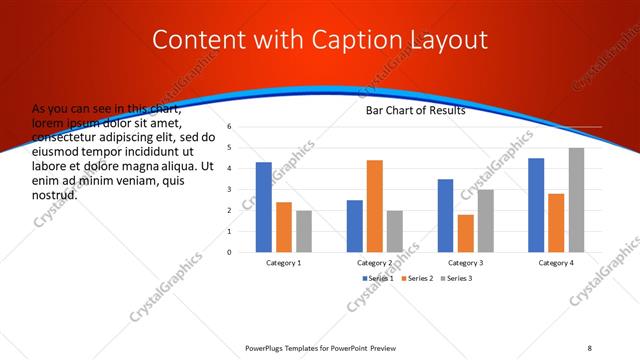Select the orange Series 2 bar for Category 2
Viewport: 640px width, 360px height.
click(375, 205)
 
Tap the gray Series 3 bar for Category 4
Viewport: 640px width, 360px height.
click(576, 199)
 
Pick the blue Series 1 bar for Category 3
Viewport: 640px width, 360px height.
click(445, 215)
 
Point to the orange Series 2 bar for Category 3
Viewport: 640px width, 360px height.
click(465, 233)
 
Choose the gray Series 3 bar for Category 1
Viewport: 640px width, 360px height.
click(304, 230)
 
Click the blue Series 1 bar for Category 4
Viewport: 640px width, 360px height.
click(536, 204)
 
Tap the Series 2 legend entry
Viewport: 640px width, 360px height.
click(419, 277)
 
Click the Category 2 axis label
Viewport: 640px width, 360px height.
click(375, 262)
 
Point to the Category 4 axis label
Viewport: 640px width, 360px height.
click(556, 262)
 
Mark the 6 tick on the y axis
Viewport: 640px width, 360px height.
click(229, 127)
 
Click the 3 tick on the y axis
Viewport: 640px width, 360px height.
click(229, 190)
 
